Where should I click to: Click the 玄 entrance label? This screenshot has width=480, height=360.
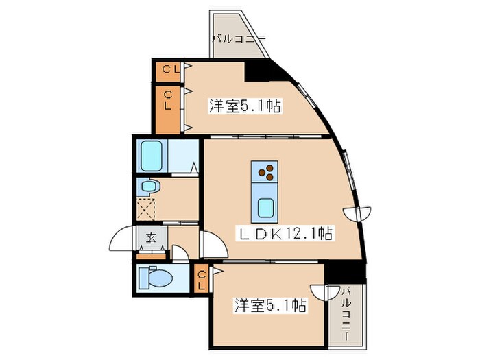pyautogui.click(x=150, y=239)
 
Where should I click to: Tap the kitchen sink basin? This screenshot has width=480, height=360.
pyautogui.click(x=265, y=206)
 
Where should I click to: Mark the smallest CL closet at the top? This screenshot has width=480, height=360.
pyautogui.click(x=168, y=69)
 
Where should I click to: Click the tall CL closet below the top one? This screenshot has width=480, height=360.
pyautogui.click(x=167, y=108)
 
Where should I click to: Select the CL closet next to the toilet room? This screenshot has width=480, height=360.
pyautogui.click(x=202, y=280)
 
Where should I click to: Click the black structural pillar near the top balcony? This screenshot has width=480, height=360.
pyautogui.click(x=259, y=69)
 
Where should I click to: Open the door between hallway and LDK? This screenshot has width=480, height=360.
pyautogui.click(x=208, y=244)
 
